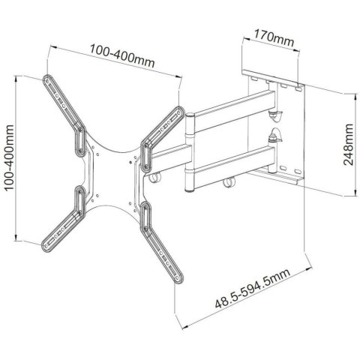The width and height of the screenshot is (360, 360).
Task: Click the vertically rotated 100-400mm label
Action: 9,157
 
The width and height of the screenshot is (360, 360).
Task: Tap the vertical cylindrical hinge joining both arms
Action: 190,142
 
